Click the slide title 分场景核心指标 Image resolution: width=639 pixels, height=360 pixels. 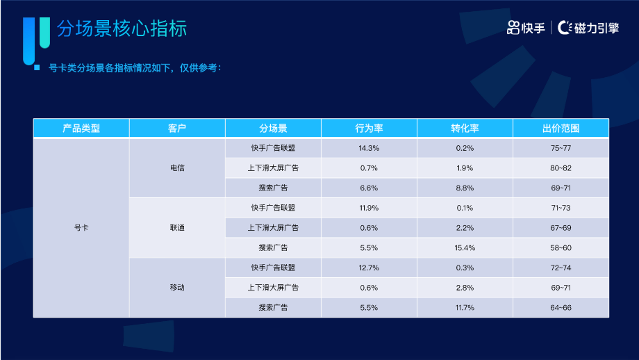(x=122, y=29)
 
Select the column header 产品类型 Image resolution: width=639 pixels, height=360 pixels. (x=81, y=129)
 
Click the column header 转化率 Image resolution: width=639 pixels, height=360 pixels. (x=465, y=129)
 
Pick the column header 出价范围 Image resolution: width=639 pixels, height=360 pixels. (x=561, y=129)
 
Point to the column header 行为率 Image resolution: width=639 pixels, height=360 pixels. (x=369, y=129)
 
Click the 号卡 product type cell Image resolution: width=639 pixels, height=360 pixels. (x=81, y=228)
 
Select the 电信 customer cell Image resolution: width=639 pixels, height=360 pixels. (x=177, y=168)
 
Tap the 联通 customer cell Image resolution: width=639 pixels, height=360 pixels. (x=177, y=228)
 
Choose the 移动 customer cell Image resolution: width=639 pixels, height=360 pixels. (x=177, y=287)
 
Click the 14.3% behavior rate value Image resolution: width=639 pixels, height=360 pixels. (x=369, y=148)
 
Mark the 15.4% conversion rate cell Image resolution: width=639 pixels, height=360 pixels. (x=465, y=247)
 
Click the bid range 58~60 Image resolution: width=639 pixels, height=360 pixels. (x=561, y=247)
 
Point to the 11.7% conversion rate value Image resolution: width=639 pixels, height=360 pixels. (x=465, y=307)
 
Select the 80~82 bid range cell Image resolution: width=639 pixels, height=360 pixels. (x=561, y=168)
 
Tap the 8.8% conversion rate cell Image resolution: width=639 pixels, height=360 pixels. (x=465, y=188)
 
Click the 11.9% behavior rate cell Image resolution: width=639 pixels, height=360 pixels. (x=369, y=208)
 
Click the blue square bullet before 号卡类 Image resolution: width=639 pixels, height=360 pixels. (x=36, y=68)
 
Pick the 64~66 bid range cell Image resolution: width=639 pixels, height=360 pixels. (x=561, y=307)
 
